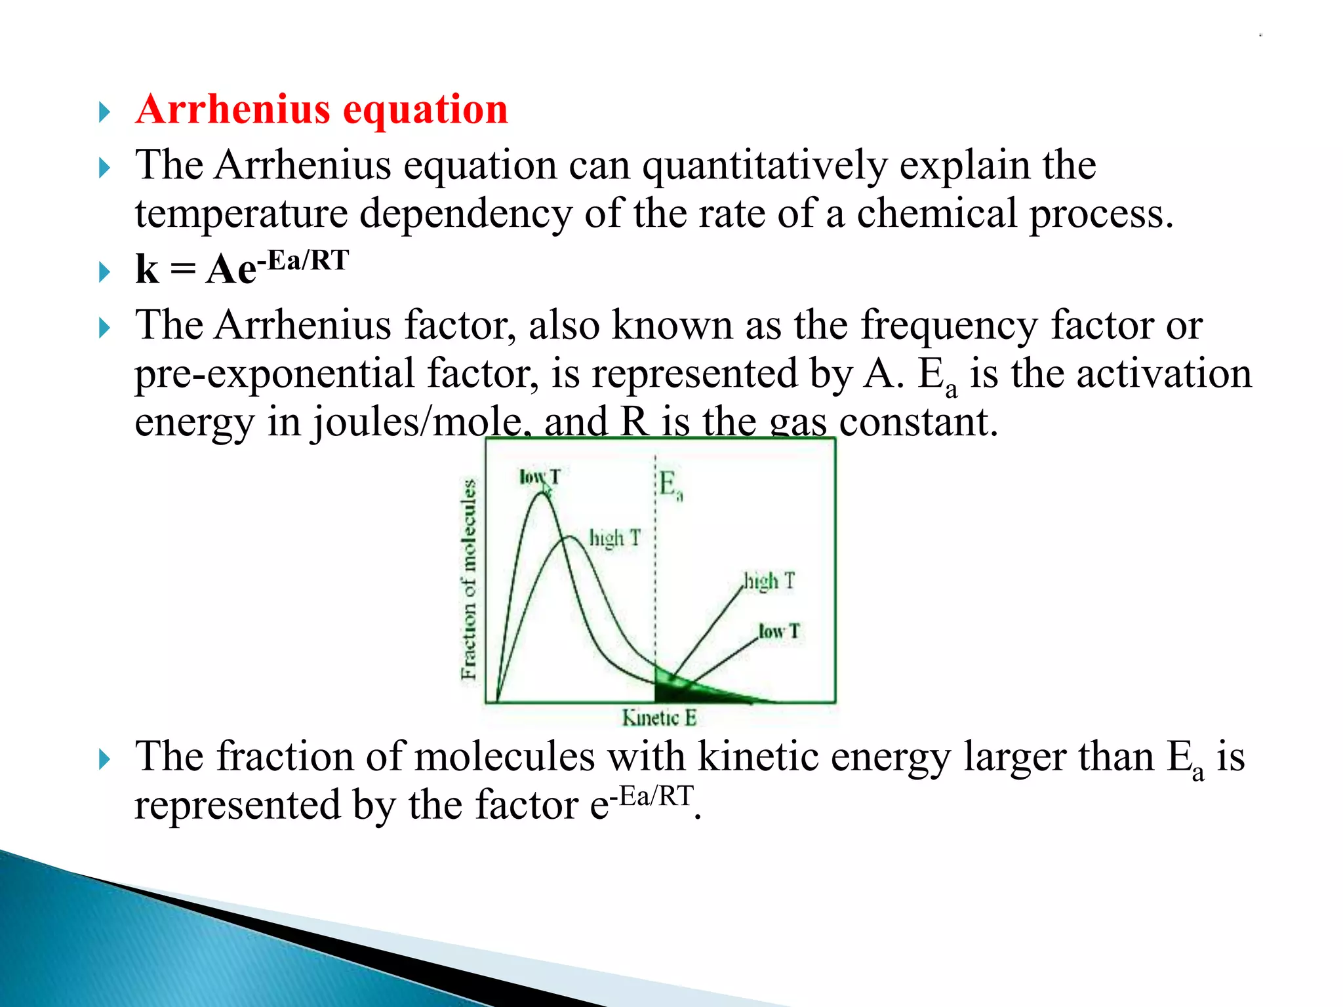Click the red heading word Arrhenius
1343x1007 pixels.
pos(233,109)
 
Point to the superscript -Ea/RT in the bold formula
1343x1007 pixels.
pos(303,261)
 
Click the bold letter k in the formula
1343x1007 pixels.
pos(147,269)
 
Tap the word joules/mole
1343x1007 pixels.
pos(416,423)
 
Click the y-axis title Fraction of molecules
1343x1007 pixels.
pos(468,579)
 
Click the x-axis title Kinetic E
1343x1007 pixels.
pos(658,718)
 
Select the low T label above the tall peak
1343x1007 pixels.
pos(539,477)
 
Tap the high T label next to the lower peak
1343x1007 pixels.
pos(614,538)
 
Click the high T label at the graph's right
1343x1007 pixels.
pos(769,581)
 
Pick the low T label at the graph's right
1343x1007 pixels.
pos(779,631)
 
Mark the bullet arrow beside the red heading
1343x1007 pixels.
pos(104,112)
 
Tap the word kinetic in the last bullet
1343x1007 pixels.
pos(757,757)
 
